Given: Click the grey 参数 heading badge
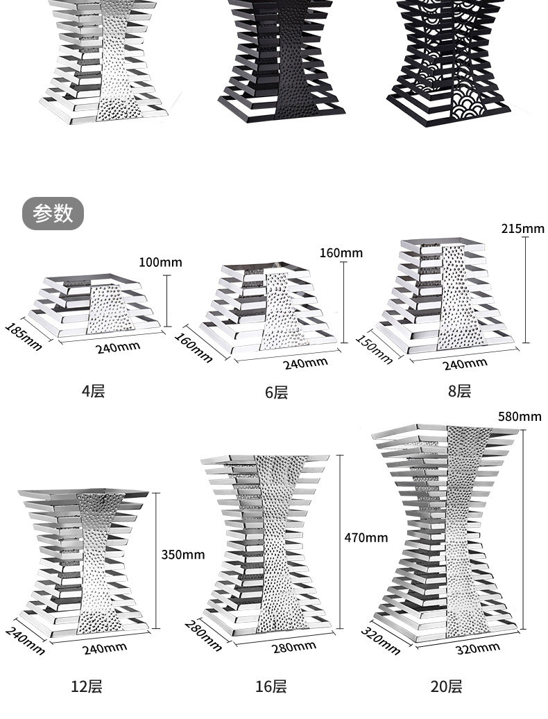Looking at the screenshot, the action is pos(53,214).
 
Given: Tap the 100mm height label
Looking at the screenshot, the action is pos(160,262).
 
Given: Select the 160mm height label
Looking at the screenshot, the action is pos(341,253).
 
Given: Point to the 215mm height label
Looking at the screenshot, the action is pos(523,229).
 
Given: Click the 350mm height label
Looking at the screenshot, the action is pos(182,554).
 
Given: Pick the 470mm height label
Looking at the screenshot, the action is pos(366,537).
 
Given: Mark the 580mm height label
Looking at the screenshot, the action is pos(520,417).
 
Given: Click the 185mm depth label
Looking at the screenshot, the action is pos(24,336).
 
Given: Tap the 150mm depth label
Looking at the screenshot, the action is pos(374,349).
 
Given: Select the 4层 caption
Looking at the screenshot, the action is pos(93,391).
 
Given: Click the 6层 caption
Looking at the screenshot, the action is pos(276,392).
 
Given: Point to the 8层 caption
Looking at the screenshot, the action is pos(459,391).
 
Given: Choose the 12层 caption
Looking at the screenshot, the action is pos(86,686).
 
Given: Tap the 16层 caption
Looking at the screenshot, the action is pos(271,686).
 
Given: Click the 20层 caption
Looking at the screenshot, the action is pos(446,686).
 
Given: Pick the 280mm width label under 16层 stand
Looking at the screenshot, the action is pos(293,648).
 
